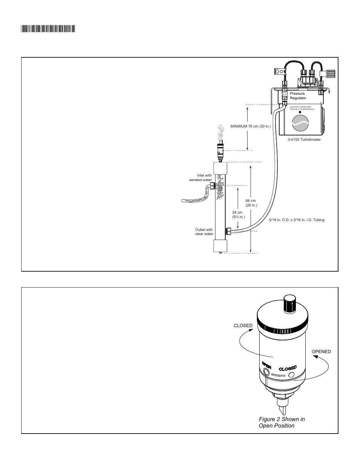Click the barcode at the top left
click(48, 28)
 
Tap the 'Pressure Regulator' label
click(298, 96)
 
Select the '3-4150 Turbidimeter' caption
click(304, 140)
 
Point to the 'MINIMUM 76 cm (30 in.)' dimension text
click(251, 126)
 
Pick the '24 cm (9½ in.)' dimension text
click(238, 215)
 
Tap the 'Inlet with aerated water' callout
click(200, 178)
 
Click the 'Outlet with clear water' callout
click(204, 232)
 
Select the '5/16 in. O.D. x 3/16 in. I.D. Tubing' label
click(296, 220)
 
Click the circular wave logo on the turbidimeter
click(300, 123)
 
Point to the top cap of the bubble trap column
click(220, 168)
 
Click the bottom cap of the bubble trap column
click(220, 246)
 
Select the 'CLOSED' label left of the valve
click(243, 326)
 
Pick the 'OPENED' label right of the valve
click(321, 352)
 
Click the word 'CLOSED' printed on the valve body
click(287, 368)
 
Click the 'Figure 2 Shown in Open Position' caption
click(282, 422)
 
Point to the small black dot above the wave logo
click(300, 112)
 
